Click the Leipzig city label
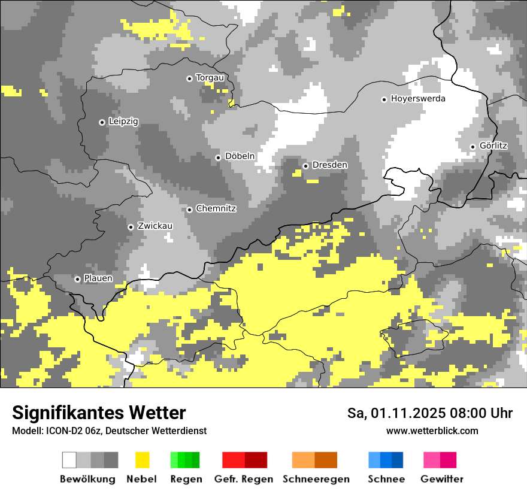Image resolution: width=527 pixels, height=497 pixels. pos(123,122)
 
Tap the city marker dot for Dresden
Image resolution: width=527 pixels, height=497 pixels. pos(305,166)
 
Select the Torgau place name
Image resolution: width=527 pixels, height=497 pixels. pos(210,78)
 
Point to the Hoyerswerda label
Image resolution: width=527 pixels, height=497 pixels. pos(418,99)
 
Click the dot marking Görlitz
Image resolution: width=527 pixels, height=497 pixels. pos(473,147)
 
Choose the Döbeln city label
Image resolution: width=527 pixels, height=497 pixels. pos(240,156)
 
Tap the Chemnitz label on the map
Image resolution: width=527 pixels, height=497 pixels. pos(216,209)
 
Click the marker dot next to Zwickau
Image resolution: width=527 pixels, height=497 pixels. pos(131,227)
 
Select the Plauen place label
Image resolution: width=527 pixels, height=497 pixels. pos(98,278)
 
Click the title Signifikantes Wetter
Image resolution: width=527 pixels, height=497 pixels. pos(99,413)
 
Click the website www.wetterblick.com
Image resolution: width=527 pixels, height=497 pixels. pos(432,431)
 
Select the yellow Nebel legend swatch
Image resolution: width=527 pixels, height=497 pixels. pos(142,460)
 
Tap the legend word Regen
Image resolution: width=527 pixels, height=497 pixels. pos(186,479)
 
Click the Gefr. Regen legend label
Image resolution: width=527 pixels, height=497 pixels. pos(243,479)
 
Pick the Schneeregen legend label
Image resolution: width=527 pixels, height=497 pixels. pos(316,479)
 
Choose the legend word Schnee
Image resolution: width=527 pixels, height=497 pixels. pos(386,479)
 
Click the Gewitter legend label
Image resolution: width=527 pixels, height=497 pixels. pos(441,479)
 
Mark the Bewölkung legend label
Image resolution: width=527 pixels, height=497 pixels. pos(87,479)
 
